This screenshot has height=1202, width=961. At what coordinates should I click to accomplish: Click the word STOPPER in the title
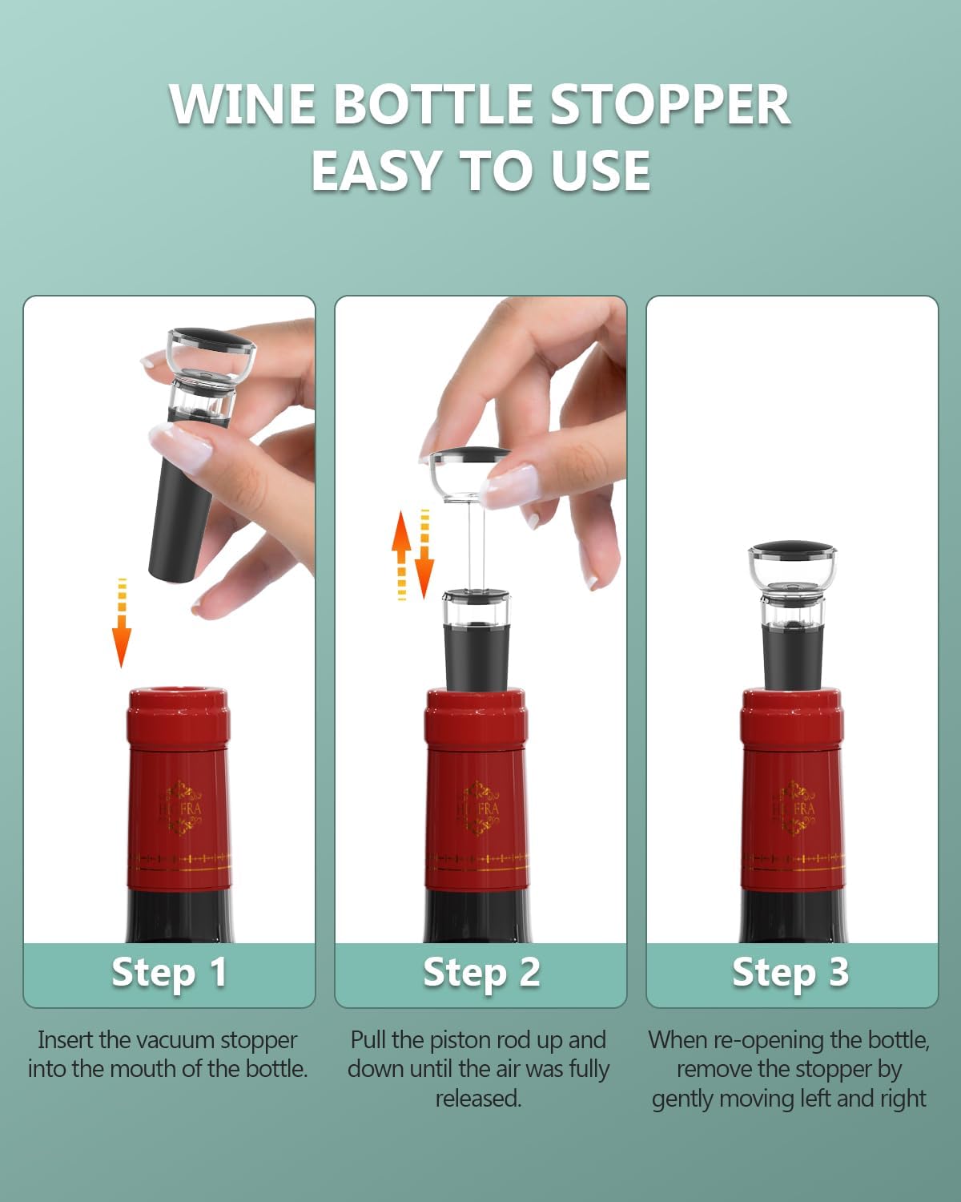tap(670, 104)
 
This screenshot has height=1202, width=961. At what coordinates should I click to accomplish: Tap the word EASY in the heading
tap(373, 171)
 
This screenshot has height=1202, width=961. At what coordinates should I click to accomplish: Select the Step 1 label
tap(169, 973)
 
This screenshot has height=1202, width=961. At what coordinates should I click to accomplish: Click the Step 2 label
tap(481, 973)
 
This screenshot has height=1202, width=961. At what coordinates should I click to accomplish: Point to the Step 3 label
tap(790, 973)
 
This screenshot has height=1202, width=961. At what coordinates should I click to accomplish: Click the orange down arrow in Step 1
tap(122, 623)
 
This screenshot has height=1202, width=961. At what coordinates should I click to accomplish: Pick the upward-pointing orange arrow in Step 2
tap(401, 555)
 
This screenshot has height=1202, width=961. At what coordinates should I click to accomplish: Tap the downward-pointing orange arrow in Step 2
tap(424, 554)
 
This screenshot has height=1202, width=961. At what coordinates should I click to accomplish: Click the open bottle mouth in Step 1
tap(179, 693)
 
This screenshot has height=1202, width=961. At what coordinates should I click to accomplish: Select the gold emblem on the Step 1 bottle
tap(180, 808)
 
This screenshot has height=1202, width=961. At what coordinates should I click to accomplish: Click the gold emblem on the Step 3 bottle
tap(793, 808)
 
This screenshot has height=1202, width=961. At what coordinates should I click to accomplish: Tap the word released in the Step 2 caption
tap(478, 1099)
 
